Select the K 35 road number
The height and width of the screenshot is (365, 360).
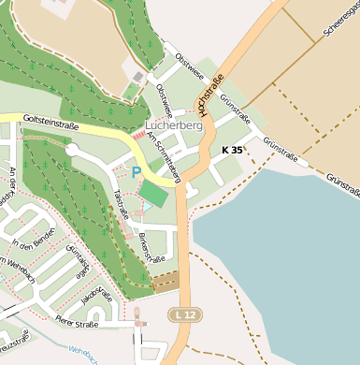[232, 150]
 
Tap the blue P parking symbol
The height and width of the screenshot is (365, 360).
[137, 172]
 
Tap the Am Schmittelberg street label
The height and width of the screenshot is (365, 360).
[166, 153]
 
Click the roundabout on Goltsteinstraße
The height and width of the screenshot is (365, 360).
[72, 150]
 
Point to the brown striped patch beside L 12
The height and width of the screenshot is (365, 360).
[166, 280]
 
